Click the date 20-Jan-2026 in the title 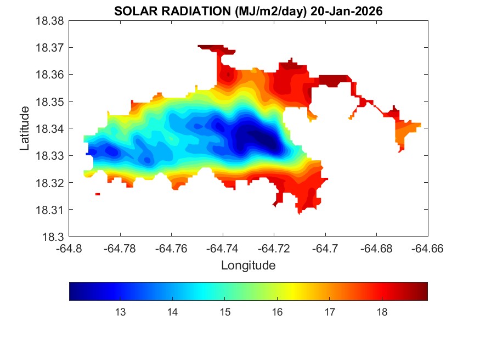346,12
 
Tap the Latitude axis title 25,128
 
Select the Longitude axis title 248,266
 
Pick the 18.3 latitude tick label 56,237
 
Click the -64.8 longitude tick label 69,248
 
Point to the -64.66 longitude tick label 428,248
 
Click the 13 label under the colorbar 120,313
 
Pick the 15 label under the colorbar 225,313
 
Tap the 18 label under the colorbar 382,313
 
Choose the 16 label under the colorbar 277,313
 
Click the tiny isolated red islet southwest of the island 98,194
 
